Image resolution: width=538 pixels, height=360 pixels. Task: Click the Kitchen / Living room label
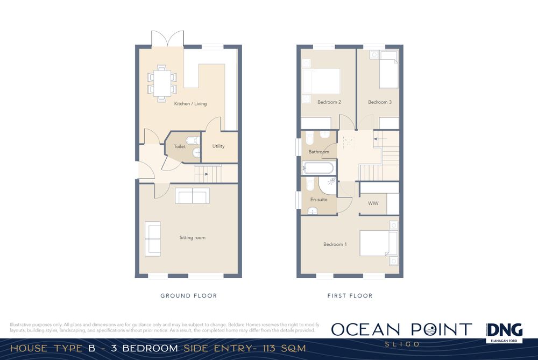point(190,104)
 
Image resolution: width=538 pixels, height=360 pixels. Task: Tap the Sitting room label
point(193,237)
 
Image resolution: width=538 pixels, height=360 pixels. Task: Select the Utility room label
point(218,146)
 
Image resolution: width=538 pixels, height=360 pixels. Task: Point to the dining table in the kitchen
point(162,83)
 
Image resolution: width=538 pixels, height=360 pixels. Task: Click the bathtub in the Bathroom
point(318,168)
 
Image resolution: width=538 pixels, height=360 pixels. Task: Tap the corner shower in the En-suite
point(327,186)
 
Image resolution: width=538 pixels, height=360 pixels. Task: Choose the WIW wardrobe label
point(373,203)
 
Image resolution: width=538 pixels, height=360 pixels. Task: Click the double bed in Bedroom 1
point(378,243)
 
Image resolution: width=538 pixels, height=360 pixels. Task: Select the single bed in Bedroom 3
point(389,69)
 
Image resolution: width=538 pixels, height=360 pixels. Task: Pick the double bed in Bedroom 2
point(321,81)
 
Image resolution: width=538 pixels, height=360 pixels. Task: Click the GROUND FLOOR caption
point(189,295)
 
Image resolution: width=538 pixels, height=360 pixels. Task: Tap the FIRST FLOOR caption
point(350,295)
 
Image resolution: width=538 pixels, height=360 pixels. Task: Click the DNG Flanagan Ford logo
point(505,333)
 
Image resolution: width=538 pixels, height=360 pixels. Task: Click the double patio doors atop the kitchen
point(167,38)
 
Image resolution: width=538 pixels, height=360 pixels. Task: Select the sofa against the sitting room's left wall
point(153,239)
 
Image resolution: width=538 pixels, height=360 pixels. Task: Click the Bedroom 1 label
point(335,244)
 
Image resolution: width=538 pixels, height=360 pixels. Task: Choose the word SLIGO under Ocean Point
point(402,344)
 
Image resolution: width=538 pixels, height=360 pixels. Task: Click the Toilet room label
point(180,146)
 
